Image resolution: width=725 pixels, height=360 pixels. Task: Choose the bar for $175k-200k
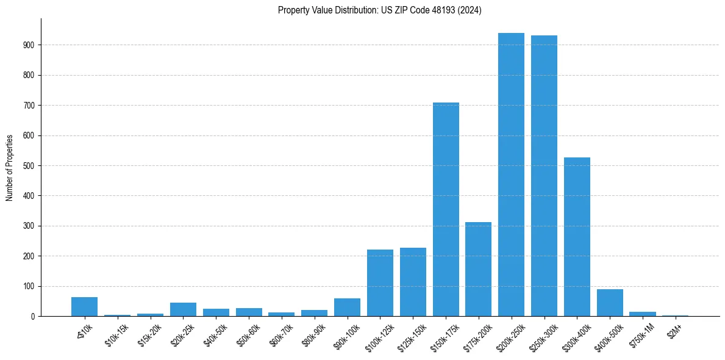point(478,269)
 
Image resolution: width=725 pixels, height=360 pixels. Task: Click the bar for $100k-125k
point(380,283)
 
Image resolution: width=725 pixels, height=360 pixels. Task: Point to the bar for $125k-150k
point(413,282)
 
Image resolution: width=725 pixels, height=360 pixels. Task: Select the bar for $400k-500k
point(610,303)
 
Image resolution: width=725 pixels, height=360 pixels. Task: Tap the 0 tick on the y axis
point(37,317)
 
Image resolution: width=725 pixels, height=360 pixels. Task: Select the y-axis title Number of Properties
point(9,168)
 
